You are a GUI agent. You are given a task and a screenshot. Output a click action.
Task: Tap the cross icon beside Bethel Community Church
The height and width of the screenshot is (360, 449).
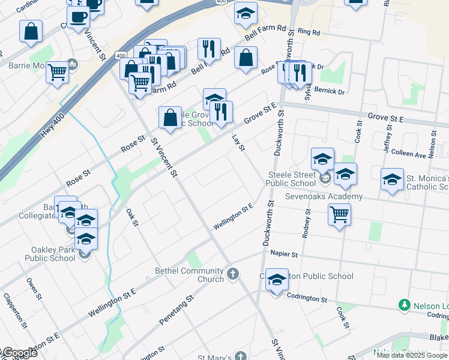(233, 275)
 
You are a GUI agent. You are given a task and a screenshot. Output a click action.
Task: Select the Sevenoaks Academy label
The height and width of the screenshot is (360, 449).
(324, 196)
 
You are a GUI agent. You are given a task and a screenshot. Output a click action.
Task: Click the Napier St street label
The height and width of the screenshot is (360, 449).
(284, 254)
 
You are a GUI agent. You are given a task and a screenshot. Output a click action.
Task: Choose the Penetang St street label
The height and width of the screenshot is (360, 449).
(177, 310)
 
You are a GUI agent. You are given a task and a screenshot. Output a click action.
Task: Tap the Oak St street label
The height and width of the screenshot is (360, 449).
(133, 218)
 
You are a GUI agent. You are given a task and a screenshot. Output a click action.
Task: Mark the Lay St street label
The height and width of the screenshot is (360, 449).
(238, 143)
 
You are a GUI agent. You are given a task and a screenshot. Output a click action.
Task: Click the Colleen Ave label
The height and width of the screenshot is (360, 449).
(408, 154)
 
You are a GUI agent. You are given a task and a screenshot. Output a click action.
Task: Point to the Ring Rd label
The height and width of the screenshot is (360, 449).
(309, 31)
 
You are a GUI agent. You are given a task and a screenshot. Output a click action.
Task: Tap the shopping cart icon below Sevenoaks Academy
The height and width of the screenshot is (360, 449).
(340, 214)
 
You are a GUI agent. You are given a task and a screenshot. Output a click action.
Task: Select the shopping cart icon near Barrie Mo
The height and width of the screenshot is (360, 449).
(57, 73)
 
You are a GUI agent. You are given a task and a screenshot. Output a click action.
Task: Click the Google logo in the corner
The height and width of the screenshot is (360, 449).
(19, 353)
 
